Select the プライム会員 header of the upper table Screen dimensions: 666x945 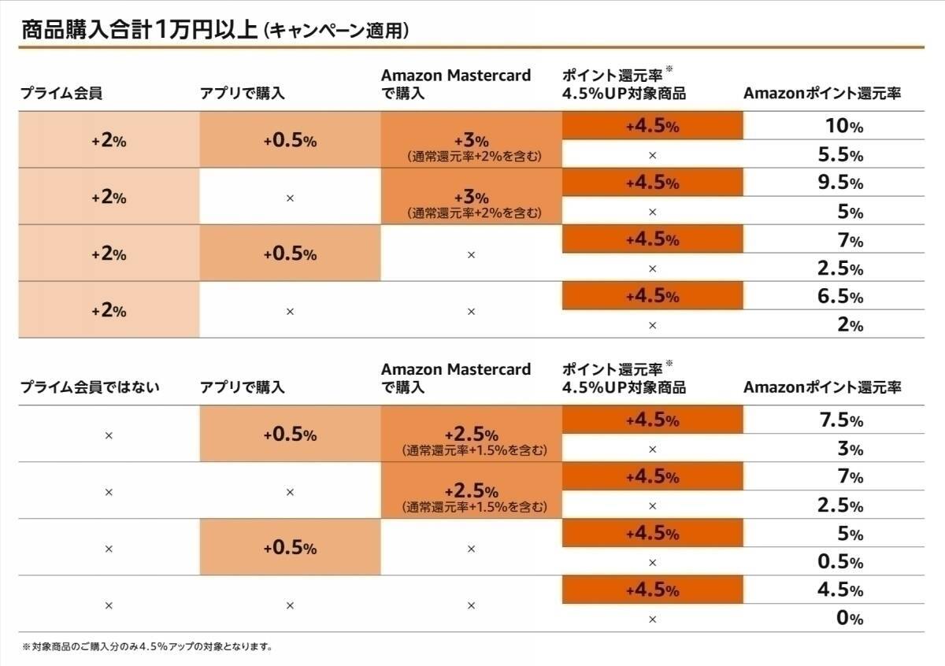click(x=61, y=94)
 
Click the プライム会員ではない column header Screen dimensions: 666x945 click(x=90, y=387)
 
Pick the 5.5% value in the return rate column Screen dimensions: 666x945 click(x=841, y=155)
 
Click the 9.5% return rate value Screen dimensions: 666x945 click(x=841, y=183)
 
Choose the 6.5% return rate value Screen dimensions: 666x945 click(x=841, y=297)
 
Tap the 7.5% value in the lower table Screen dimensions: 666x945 click(x=841, y=420)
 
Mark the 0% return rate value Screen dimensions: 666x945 click(x=849, y=618)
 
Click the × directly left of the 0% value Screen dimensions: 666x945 click(x=652, y=619)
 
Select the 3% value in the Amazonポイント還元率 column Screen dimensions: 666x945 click(x=849, y=449)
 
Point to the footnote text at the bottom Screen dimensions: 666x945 click(x=147, y=647)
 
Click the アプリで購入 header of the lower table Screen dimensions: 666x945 click(x=243, y=387)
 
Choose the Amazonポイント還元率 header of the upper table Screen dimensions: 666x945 click(x=822, y=94)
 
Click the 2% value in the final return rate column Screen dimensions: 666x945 click(x=849, y=324)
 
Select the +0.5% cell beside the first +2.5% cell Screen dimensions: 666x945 click(x=290, y=435)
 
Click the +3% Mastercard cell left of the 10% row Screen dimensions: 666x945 click(x=471, y=140)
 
